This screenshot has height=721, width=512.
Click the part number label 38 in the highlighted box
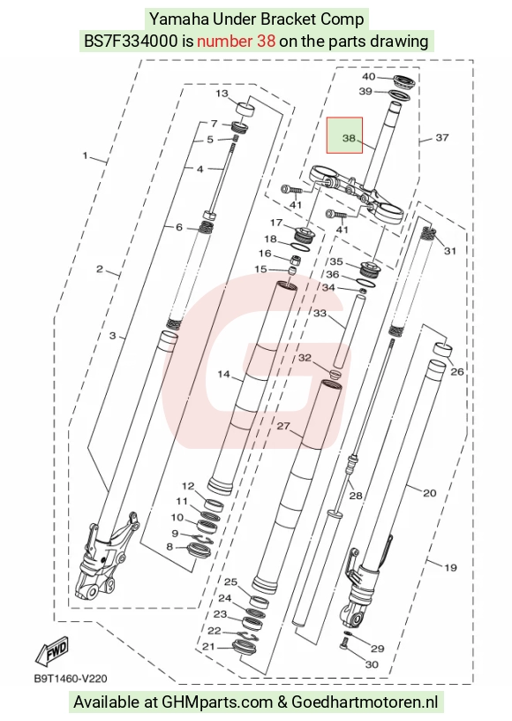tap(349, 138)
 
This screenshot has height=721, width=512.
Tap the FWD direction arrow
tap(52, 650)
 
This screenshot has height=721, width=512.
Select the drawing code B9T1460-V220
tap(71, 679)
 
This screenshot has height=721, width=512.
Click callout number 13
tap(222, 94)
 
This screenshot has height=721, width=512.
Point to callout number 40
tap(369, 76)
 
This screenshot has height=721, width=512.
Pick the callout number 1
tap(85, 156)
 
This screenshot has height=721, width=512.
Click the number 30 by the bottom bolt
tap(372, 664)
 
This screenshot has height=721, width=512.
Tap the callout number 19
tap(450, 567)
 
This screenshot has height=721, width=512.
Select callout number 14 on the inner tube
tap(223, 375)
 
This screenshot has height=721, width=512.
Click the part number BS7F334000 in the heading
tap(131, 41)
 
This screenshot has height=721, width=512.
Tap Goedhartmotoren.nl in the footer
tap(365, 702)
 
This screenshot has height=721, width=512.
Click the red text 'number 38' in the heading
tap(236, 41)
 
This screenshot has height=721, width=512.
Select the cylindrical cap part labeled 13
tap(245, 110)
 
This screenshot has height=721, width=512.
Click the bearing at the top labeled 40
tap(404, 83)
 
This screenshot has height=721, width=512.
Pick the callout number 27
tap(283, 426)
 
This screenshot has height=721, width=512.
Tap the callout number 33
tap(320, 313)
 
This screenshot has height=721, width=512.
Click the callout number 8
tap(169, 547)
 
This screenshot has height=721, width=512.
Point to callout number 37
tap(441, 138)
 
